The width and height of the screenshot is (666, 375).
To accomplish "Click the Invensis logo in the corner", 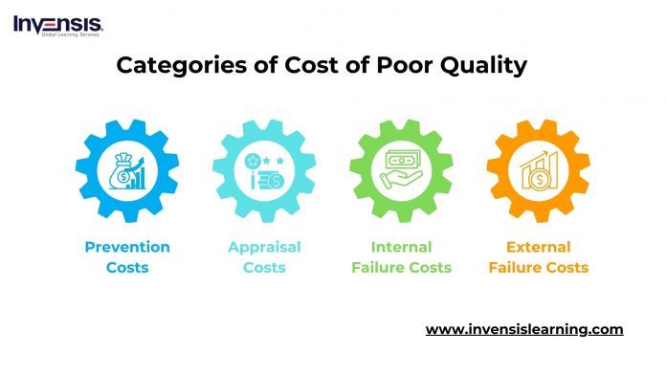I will (x=56, y=23).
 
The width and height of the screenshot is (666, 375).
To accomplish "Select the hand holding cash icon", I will (x=401, y=172).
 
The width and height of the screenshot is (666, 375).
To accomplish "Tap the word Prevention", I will (x=127, y=248).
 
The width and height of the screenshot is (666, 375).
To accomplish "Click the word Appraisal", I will (x=264, y=248).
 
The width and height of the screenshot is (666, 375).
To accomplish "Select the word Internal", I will (x=401, y=248).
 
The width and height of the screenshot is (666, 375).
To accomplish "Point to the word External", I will (x=538, y=248).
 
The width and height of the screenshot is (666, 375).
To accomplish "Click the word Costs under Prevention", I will (x=127, y=268).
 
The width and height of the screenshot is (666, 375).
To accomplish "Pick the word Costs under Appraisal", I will (x=264, y=268).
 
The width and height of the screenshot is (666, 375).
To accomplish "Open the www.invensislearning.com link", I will (x=523, y=330).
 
